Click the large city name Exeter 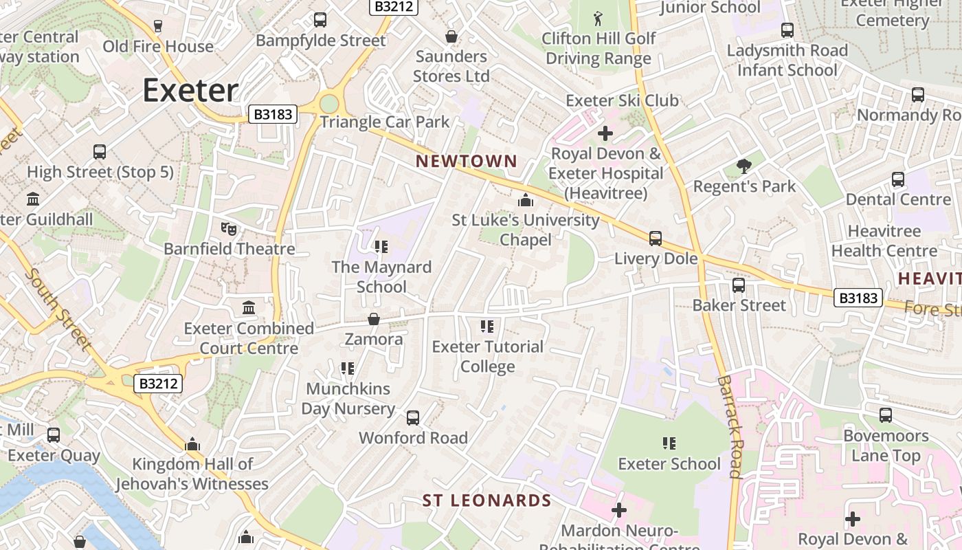[190, 91]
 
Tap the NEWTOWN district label [467, 161]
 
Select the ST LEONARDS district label [486, 500]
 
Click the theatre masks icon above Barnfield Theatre [229, 228]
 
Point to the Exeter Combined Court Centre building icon [249, 307]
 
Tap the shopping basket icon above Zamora [374, 319]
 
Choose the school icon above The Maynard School [381, 246]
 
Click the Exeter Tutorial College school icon [487, 326]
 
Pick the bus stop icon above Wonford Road [413, 417]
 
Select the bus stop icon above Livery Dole [656, 239]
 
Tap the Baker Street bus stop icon [739, 285]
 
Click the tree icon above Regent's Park [743, 165]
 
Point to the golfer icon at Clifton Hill [598, 17]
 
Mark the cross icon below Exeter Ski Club [605, 133]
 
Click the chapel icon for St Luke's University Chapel [526, 200]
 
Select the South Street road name [58, 308]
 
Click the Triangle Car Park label [385, 122]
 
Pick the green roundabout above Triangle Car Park [329, 103]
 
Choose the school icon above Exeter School [669, 443]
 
